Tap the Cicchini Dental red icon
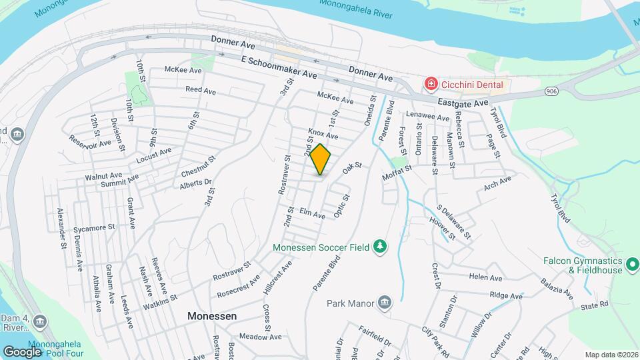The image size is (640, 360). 431,84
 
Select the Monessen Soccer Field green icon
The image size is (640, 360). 379,247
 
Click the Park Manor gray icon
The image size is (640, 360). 383,303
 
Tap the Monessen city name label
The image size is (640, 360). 212,316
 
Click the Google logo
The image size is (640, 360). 23,351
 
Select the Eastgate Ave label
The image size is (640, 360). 463,103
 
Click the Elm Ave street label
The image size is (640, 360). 312,214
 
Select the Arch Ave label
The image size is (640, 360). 497,183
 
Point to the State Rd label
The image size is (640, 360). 595,305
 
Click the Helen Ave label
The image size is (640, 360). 485,277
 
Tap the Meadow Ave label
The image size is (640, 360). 257,337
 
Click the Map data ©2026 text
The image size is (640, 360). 611,355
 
